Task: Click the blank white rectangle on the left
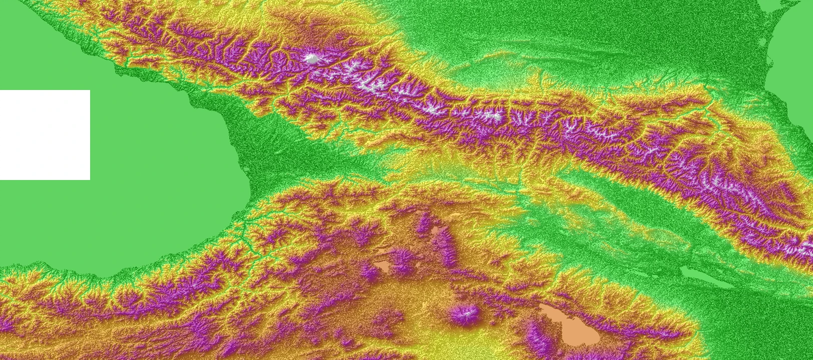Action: click(x=45, y=135)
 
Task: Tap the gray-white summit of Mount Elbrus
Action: click(x=312, y=59)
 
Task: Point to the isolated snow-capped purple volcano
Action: click(x=465, y=315)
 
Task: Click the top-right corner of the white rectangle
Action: click(x=89, y=91)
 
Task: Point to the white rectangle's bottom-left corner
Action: click(x=1, y=179)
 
